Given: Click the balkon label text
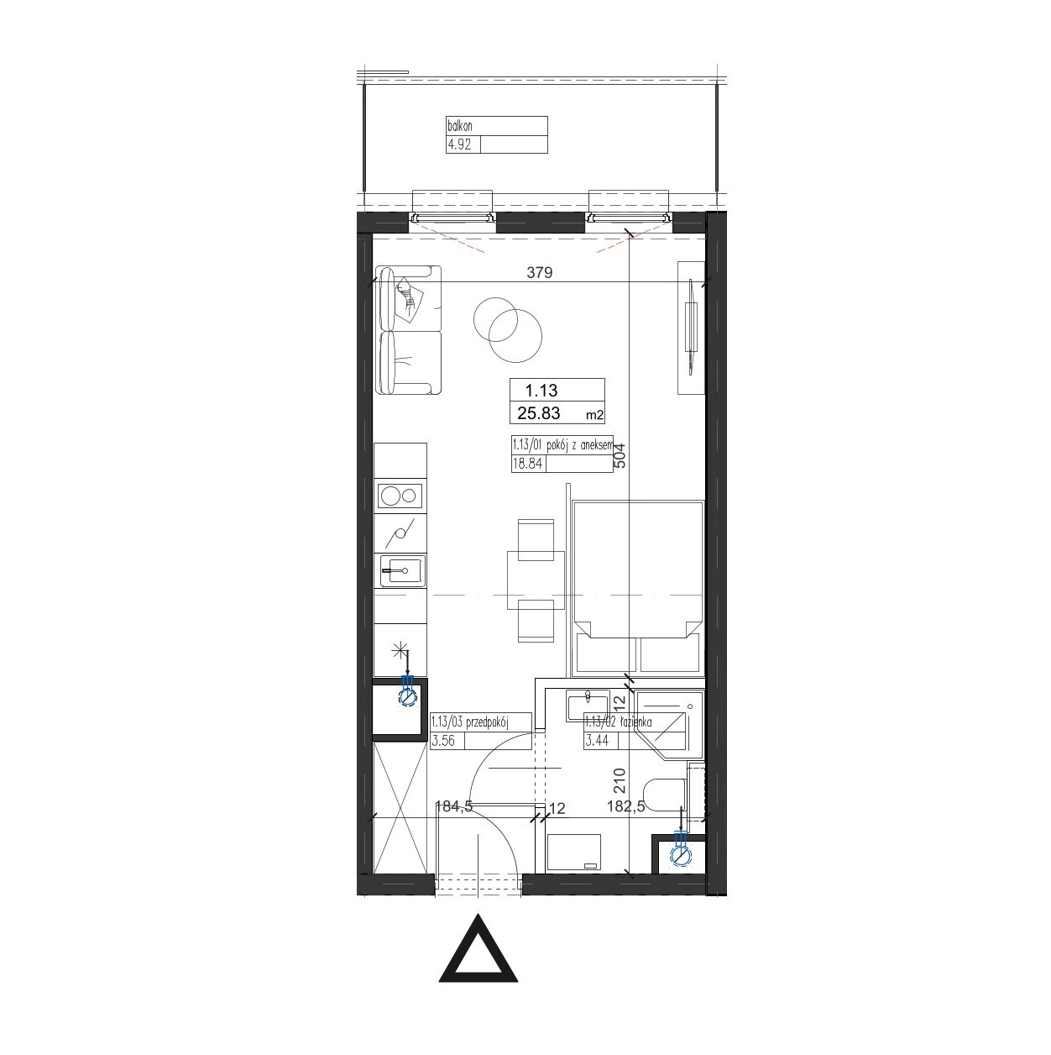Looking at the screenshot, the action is click(x=460, y=126).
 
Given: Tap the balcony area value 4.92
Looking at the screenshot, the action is click(x=459, y=145).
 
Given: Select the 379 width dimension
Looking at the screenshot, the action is click(x=539, y=272).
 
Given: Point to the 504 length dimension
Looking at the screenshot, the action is click(x=620, y=455).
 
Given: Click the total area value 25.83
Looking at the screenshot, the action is click(x=539, y=413).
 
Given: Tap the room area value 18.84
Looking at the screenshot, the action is click(x=527, y=464).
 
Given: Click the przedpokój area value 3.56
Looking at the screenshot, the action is click(x=442, y=742).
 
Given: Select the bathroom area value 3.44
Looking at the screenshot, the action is click(x=597, y=742).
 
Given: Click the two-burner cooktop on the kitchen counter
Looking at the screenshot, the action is click(x=400, y=496).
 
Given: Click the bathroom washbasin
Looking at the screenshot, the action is click(x=588, y=706).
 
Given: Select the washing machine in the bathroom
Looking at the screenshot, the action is click(x=574, y=853).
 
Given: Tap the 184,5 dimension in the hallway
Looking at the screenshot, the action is click(x=453, y=806).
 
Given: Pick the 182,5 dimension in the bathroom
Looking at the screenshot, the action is click(x=625, y=806).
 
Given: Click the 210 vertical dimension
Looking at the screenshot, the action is click(x=620, y=781).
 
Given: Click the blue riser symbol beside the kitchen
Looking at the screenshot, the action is click(x=407, y=691).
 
